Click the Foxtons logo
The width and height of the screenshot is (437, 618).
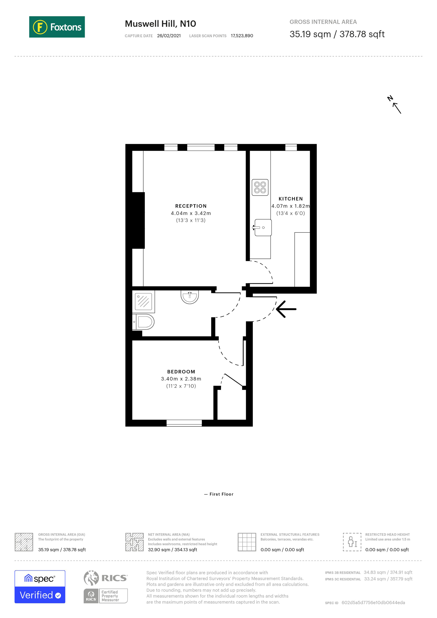click(57, 27)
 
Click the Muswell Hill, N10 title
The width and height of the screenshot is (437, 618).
click(160, 24)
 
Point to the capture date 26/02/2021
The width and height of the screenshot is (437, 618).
click(169, 36)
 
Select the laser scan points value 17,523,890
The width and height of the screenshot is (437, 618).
click(242, 36)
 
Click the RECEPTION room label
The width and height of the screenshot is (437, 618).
click(191, 206)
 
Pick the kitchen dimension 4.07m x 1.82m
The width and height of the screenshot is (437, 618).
click(290, 206)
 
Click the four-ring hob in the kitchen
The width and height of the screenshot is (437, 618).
click(260, 187)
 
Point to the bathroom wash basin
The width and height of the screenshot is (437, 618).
click(190, 297)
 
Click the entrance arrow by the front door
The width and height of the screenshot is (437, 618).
click(286, 309)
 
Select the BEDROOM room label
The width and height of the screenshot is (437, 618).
click(181, 372)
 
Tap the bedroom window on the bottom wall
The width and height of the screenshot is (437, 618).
click(184, 423)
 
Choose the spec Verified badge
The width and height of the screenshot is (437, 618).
click(40, 586)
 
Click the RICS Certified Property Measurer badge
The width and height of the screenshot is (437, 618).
click(105, 586)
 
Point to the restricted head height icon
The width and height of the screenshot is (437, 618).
click(352, 542)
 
